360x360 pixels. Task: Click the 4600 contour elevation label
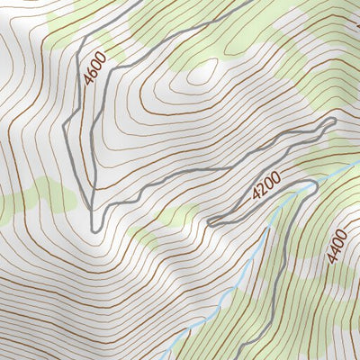[94, 68]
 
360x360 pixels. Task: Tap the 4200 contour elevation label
[266, 185]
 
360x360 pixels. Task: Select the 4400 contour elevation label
[337, 245]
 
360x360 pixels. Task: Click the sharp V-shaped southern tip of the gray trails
[94, 228]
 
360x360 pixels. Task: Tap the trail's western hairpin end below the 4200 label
[210, 221]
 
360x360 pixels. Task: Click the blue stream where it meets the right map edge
[357, 166]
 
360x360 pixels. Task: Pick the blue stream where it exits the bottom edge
[171, 357]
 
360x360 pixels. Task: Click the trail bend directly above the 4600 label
[85, 40]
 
